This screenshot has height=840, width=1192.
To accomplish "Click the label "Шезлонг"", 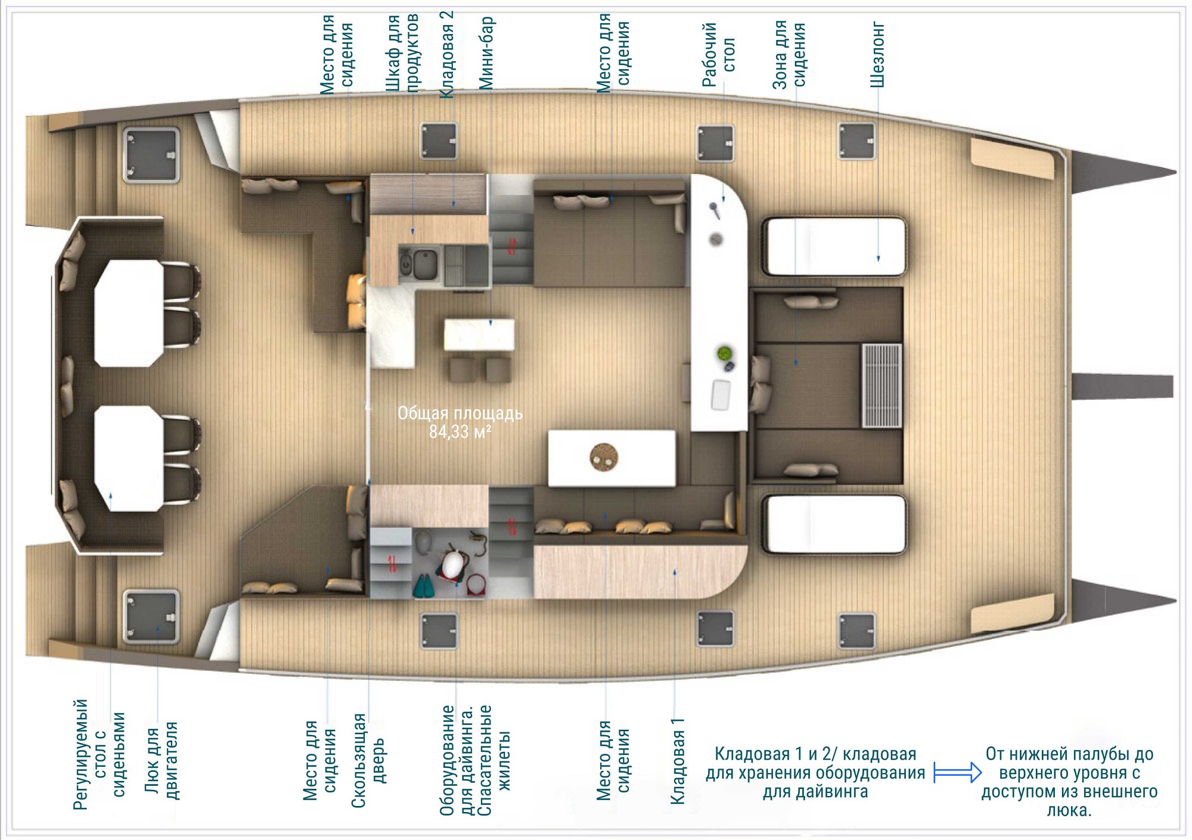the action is pos(877,55).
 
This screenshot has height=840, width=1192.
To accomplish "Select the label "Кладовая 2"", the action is pos(446,54).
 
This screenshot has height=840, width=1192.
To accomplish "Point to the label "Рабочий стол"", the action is pos(719,55).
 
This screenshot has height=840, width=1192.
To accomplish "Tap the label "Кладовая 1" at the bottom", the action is pos(678,761).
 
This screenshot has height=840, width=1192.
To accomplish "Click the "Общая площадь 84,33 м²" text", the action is pos(460,422).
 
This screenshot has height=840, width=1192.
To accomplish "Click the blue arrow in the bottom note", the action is pos(957,773).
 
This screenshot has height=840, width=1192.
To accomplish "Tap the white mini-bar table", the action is pos(479,335).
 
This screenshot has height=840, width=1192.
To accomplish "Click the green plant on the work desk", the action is pos(724,353).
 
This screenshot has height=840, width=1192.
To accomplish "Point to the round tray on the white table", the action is pos(604,458).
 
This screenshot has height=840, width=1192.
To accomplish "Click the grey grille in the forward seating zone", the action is pos(881,385).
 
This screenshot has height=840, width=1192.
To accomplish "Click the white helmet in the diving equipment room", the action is pos(454,564).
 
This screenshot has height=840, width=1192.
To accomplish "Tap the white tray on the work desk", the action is pos(721,394).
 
